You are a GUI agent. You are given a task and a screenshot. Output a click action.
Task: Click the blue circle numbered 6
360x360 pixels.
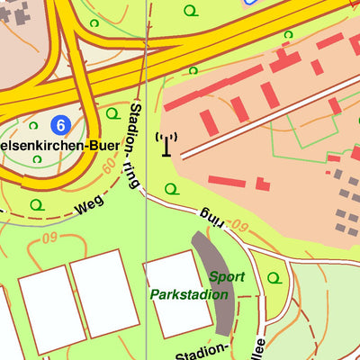(61, 124)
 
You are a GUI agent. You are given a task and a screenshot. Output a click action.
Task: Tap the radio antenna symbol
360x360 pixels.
(166, 144)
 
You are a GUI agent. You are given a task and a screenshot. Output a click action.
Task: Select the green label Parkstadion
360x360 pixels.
(190, 294)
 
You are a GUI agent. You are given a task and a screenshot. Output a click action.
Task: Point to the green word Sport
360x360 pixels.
(227, 276)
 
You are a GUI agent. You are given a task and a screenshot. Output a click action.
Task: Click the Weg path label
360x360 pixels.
(89, 205)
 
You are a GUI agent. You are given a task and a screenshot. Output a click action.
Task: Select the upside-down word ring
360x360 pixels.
(211, 215)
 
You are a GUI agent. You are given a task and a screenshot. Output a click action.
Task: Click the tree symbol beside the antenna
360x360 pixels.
(171, 189)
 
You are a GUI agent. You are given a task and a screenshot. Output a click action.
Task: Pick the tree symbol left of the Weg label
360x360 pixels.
(36, 205)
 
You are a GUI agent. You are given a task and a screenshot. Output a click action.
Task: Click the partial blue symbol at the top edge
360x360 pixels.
(251, 3)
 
